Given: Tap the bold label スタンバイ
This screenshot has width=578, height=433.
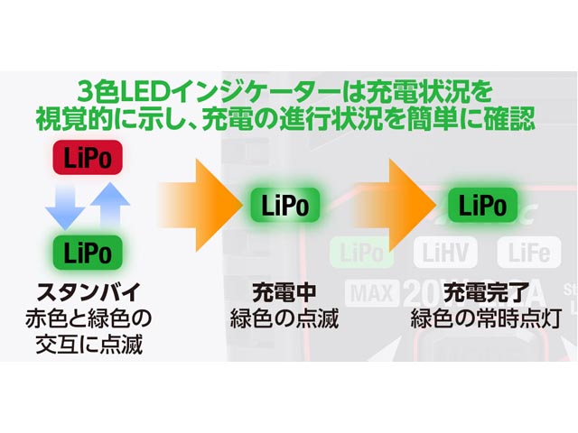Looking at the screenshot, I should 89,292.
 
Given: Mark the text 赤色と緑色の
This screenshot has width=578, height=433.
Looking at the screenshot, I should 89,319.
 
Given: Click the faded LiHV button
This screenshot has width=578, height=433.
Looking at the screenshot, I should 446,253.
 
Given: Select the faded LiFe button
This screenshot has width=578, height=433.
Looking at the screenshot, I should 528,253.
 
